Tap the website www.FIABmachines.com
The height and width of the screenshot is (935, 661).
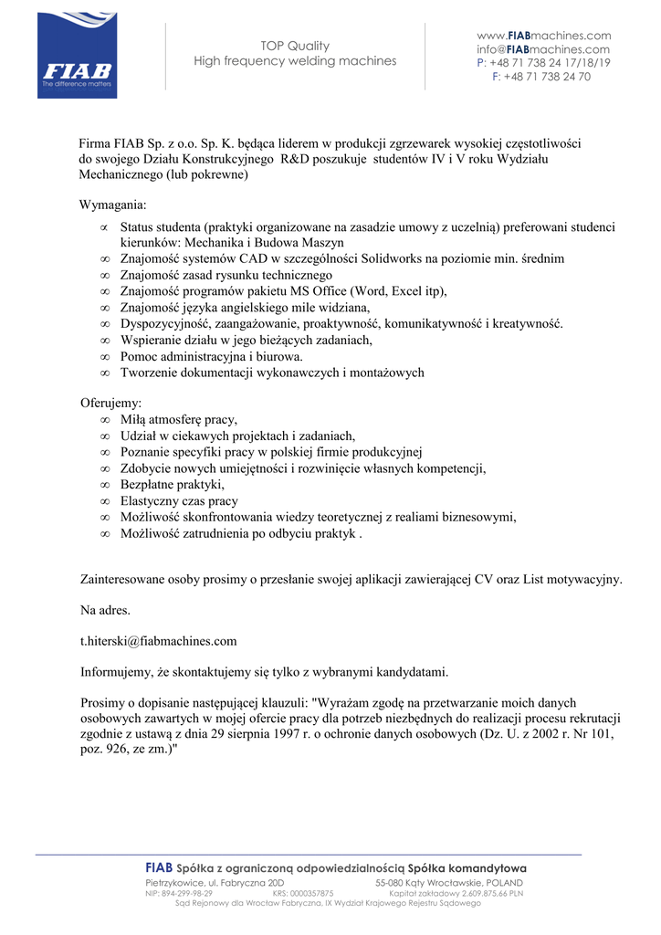pos(543,36)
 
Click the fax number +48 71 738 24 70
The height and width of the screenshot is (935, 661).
pos(547,77)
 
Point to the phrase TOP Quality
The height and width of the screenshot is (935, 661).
pos(295,46)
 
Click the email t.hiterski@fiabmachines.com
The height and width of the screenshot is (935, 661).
pos(159,641)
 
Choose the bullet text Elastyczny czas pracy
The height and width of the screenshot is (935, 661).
pos(179,501)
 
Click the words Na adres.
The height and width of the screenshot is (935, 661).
pos(106,609)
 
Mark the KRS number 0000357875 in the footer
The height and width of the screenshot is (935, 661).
pos(311,893)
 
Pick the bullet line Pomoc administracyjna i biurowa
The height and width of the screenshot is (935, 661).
pos(212,356)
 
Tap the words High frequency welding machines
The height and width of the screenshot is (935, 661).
pos(295,61)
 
